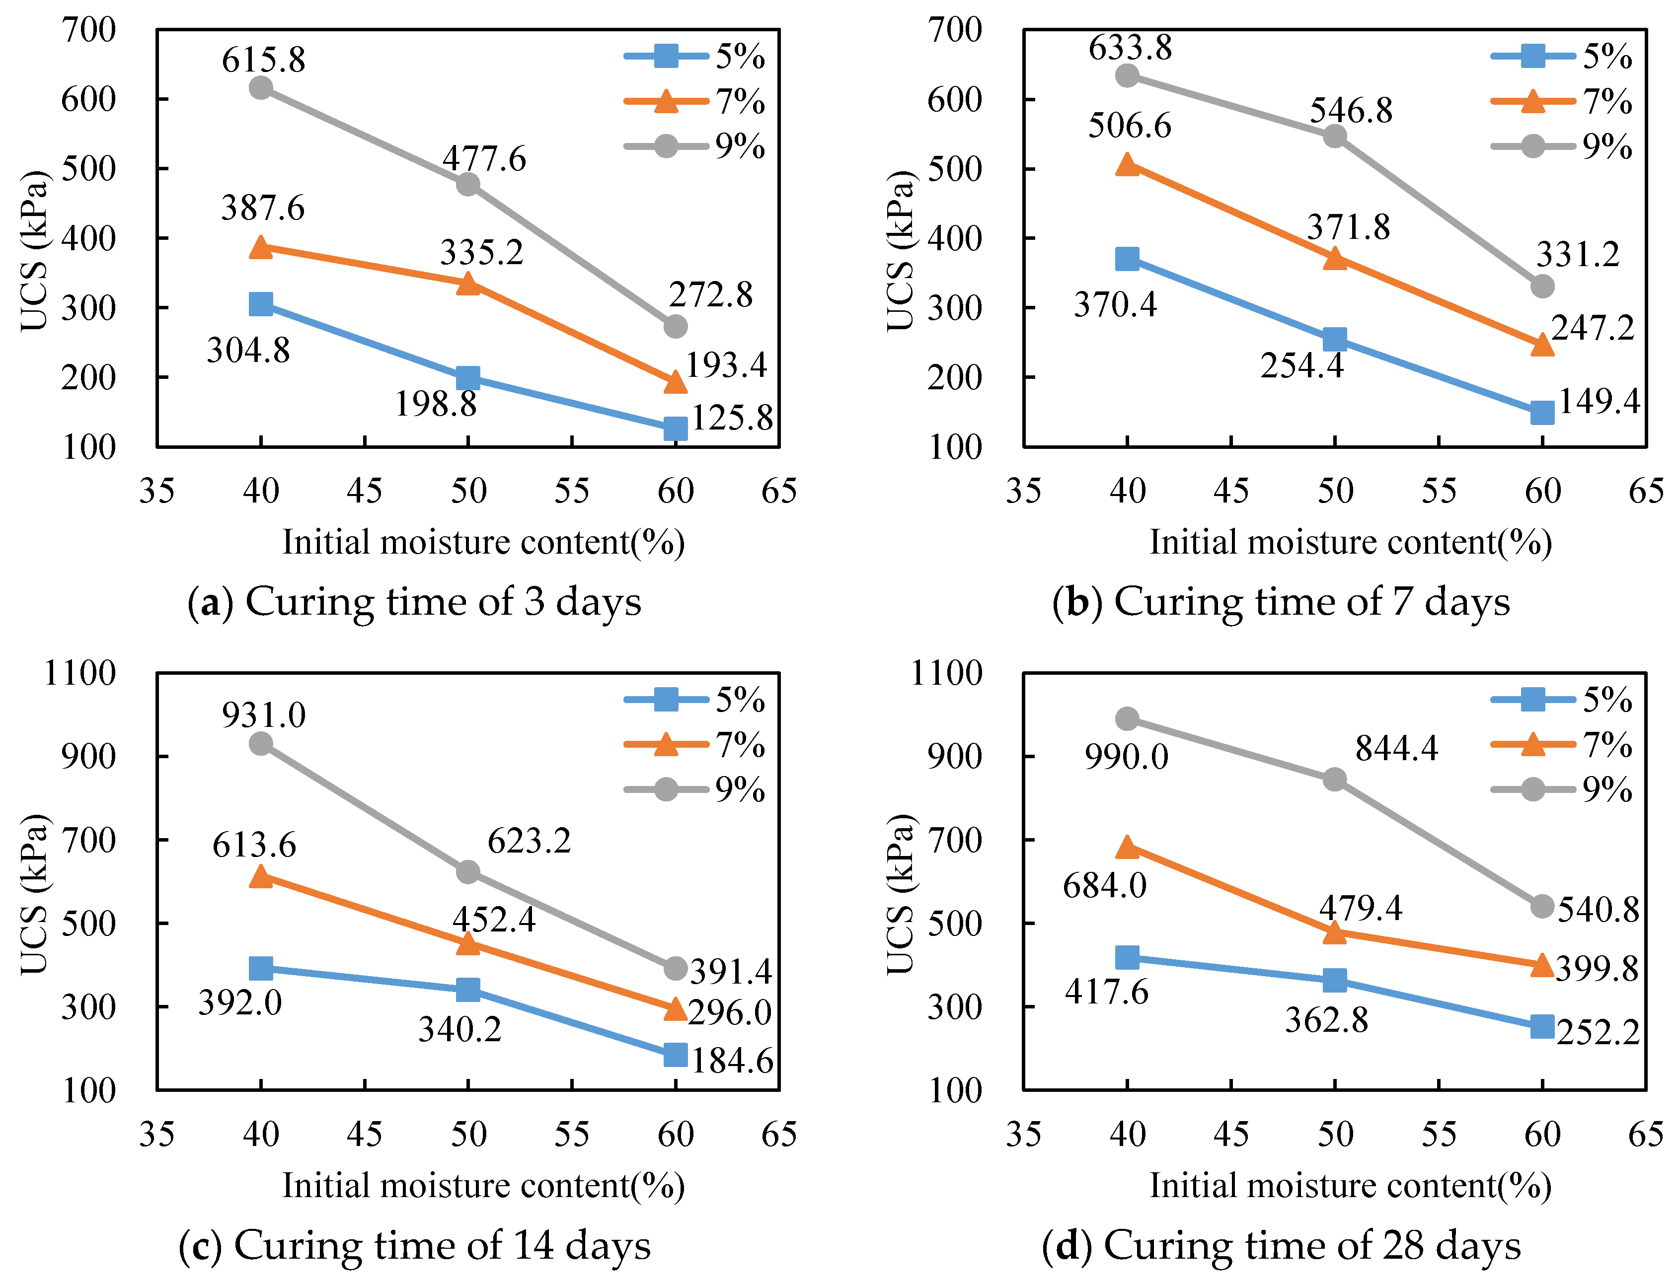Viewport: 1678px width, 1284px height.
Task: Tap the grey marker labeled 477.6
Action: click(x=468, y=184)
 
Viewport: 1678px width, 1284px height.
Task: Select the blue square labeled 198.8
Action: click(x=468, y=377)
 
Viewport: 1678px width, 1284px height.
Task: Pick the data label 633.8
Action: click(x=1130, y=47)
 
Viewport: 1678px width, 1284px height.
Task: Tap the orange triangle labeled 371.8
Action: click(x=1335, y=258)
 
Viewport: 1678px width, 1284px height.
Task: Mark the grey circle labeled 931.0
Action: click(x=261, y=743)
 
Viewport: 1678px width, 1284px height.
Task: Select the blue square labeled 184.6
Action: click(x=676, y=1055)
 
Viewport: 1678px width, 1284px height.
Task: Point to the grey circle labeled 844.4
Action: click(x=1335, y=780)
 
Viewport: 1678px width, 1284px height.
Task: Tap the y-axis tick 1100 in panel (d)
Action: click(x=946, y=673)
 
